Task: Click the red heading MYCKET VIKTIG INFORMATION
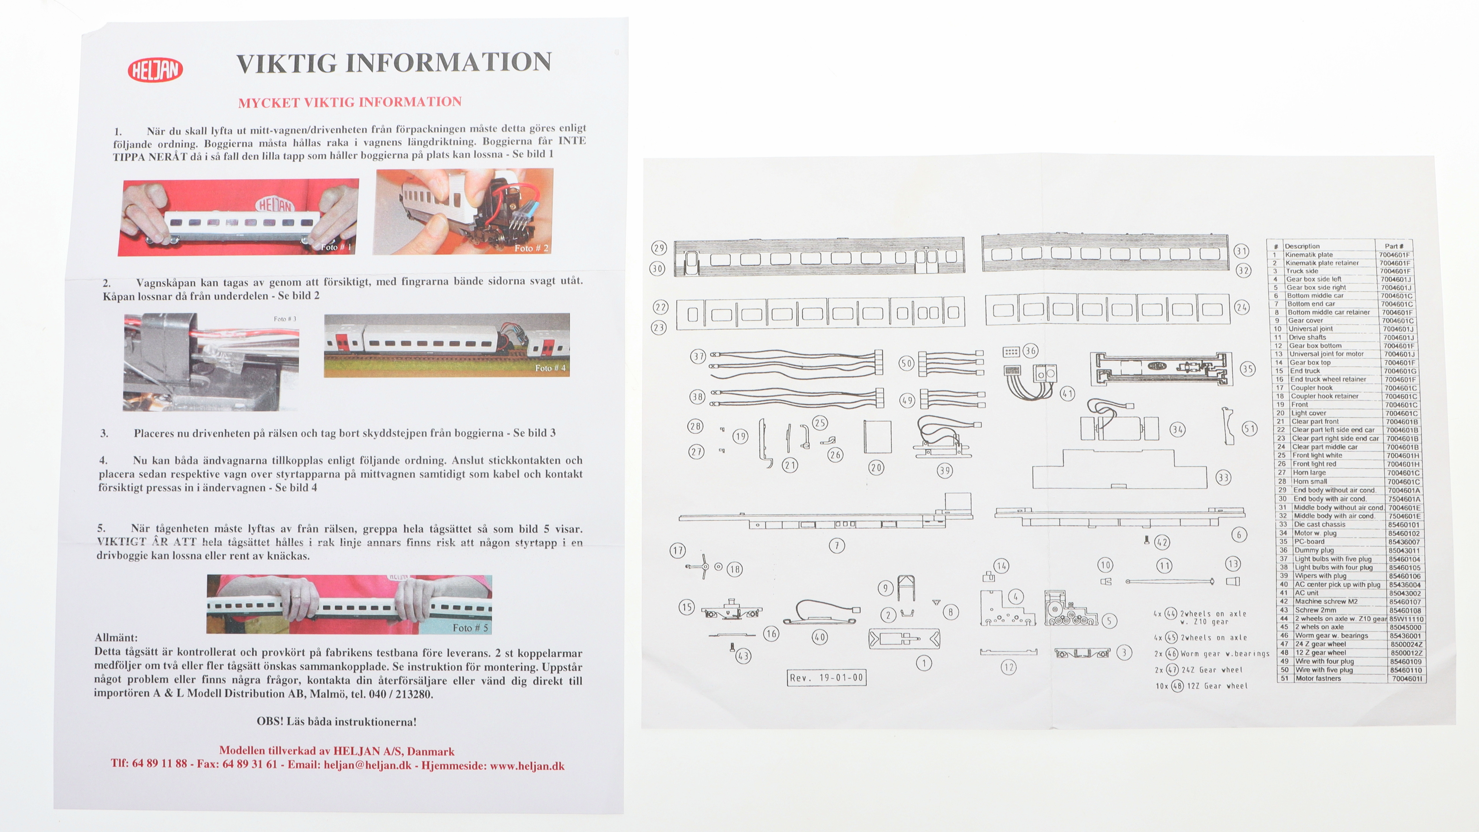(x=350, y=102)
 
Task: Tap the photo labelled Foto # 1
(x=238, y=217)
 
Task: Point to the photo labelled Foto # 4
(x=447, y=345)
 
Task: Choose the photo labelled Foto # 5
(x=349, y=604)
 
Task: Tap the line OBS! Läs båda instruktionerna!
(x=336, y=722)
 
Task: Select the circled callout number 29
(x=658, y=248)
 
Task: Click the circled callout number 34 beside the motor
(x=1178, y=430)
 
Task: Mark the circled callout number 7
(x=837, y=546)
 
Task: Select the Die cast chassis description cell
(x=1319, y=524)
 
